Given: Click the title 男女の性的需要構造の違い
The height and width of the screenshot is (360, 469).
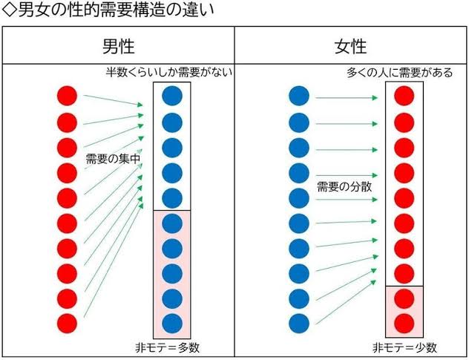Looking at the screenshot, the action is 117,10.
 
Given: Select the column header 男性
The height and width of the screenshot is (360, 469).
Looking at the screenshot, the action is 119,46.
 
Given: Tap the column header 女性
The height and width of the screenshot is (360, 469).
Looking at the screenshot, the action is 350,46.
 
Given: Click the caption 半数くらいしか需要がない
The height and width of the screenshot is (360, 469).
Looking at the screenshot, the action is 169,73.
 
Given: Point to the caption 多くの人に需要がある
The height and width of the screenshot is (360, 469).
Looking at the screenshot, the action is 399,73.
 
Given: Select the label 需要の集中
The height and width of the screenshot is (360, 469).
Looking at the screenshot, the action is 113,159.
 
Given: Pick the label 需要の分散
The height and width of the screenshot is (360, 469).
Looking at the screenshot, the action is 344,187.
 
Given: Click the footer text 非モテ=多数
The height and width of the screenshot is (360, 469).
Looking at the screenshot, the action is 167,347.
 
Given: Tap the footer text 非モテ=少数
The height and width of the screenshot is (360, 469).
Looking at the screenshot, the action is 404,347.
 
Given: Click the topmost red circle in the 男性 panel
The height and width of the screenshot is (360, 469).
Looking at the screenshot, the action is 67,96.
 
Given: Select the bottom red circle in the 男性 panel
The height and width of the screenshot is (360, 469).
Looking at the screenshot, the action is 67,324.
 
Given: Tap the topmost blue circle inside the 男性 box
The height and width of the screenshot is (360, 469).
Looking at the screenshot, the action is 172,96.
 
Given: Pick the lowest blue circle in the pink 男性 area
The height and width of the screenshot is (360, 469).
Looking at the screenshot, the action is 172,324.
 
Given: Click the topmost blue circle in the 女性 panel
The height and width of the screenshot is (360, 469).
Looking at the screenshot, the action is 299,96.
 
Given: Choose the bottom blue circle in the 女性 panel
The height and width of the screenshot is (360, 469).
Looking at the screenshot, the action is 299,324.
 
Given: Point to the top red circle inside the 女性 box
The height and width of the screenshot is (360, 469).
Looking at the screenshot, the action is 404,96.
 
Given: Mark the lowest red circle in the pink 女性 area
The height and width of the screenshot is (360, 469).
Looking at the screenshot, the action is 404,324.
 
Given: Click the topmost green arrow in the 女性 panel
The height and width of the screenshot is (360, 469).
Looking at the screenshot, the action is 347,98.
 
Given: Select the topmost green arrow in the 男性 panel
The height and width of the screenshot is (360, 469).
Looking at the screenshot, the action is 114,100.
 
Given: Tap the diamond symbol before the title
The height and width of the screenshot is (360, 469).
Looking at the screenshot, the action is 10,11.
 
